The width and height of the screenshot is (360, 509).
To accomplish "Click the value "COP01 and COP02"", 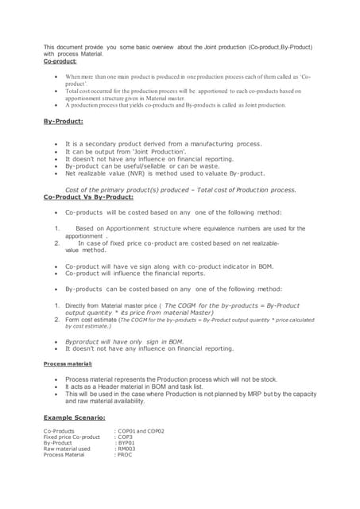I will click(x=141, y=431).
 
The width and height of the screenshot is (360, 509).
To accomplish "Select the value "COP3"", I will click(x=126, y=437).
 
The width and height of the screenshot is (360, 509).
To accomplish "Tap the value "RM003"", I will click(x=127, y=449).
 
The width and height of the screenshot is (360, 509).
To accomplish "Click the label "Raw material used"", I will click(x=67, y=449).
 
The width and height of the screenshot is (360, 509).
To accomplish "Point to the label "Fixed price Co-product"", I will click(x=72, y=437).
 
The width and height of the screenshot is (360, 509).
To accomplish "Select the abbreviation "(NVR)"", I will click(x=137, y=173).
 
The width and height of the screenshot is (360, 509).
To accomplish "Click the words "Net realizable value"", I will click(x=95, y=173).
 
